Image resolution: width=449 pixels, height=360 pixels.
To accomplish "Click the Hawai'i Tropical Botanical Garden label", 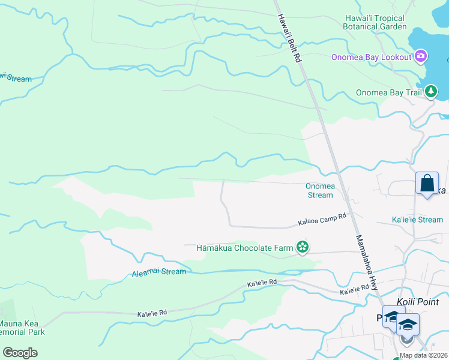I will click(x=375, y=23).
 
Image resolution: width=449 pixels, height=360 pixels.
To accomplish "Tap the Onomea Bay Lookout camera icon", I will click(x=421, y=56).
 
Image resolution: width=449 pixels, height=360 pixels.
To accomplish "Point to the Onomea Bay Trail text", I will click(x=389, y=92).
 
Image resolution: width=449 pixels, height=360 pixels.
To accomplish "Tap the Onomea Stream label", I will click(x=319, y=191).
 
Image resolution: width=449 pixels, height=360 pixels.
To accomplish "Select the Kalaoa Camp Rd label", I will click(x=322, y=220).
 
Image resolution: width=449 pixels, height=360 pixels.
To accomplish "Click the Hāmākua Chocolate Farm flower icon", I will click(x=303, y=247).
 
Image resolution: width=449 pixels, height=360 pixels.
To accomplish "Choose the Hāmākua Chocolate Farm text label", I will click(x=245, y=247).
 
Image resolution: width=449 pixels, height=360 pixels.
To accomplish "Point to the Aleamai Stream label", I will click(x=158, y=273).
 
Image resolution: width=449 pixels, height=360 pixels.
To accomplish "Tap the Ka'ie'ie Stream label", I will click(x=417, y=220).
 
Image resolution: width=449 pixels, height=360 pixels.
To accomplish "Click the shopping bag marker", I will click(x=427, y=183).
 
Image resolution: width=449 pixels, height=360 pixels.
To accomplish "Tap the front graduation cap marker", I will click(x=408, y=325).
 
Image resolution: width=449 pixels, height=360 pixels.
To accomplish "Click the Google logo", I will click(x=20, y=353).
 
